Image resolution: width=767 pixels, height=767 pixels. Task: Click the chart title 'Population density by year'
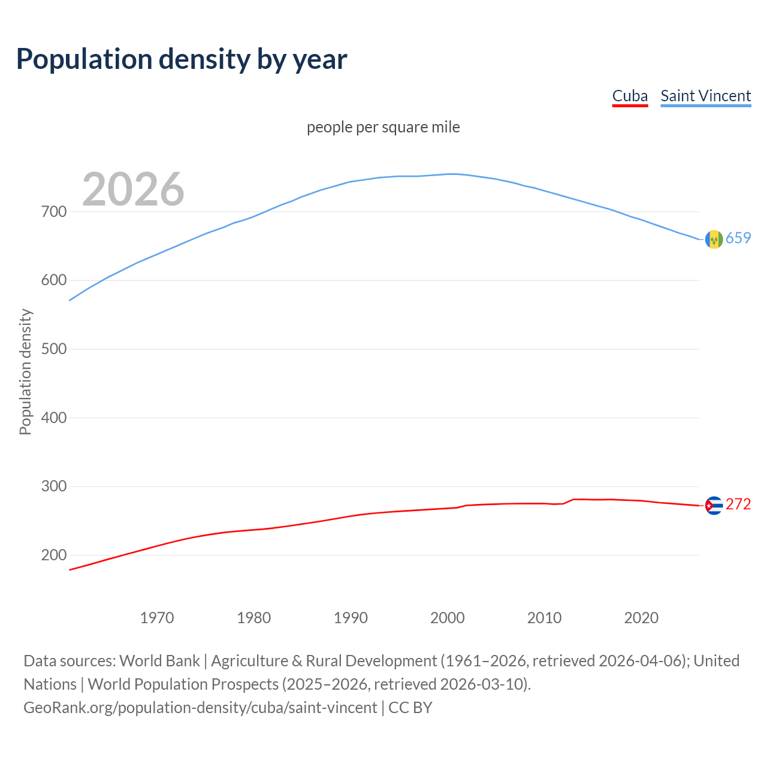(x=182, y=59)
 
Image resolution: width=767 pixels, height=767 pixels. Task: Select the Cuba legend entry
(x=630, y=96)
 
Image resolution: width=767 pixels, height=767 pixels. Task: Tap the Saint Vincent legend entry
(x=705, y=96)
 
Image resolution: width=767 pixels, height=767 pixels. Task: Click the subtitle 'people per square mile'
(x=383, y=127)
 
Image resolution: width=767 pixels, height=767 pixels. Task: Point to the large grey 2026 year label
(x=133, y=189)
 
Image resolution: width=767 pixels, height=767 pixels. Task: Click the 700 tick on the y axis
(x=54, y=212)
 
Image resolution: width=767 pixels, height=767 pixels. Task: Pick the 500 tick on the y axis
(x=54, y=349)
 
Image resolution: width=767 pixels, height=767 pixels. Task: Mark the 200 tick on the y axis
(x=54, y=555)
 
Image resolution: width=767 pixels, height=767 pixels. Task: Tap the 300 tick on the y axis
(x=54, y=486)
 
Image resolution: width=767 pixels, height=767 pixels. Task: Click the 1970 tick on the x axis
(x=157, y=618)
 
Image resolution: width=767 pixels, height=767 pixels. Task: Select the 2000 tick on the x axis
(x=448, y=618)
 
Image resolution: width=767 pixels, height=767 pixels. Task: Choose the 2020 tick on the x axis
(x=641, y=618)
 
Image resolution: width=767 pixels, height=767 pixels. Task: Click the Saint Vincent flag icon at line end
(x=714, y=239)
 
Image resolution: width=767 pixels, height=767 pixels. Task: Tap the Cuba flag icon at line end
(x=714, y=506)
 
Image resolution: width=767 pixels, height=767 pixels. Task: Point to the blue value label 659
(x=738, y=238)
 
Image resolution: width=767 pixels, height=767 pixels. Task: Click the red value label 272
(x=738, y=505)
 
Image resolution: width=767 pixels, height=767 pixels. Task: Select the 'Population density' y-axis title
(x=25, y=372)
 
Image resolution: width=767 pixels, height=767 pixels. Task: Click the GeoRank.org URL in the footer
(x=200, y=708)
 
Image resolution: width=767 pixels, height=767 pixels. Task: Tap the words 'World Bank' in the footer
(x=159, y=661)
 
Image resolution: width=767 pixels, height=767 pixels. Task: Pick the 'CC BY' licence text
(x=410, y=708)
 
